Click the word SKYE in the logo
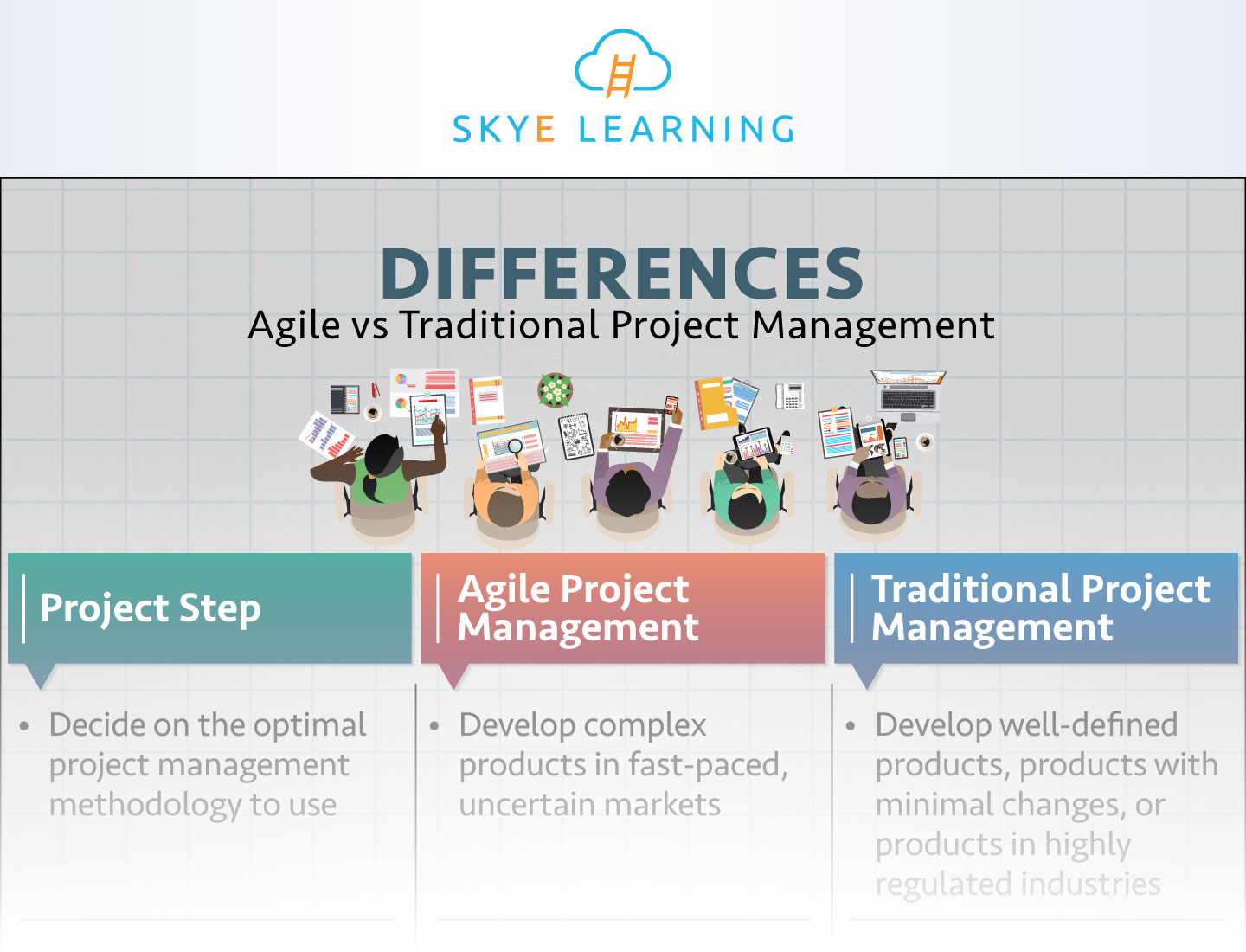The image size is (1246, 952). pyautogui.click(x=504, y=130)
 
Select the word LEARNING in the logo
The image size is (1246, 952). pyautogui.click(x=686, y=130)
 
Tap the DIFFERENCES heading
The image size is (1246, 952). pyautogui.click(x=621, y=273)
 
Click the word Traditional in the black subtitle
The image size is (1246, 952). pyautogui.click(x=499, y=325)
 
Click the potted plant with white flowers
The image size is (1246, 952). pyautogui.click(x=555, y=389)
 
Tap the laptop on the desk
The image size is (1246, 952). pyautogui.click(x=908, y=390)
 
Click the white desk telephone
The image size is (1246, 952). pyautogui.click(x=789, y=396)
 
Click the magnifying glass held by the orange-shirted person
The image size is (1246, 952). pyautogui.click(x=515, y=447)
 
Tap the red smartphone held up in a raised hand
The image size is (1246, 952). pyautogui.click(x=671, y=404)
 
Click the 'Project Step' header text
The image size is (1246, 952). pyautogui.click(x=151, y=608)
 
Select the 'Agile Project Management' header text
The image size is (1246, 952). pyautogui.click(x=577, y=608)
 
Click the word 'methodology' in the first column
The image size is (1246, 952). pyautogui.click(x=145, y=805)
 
